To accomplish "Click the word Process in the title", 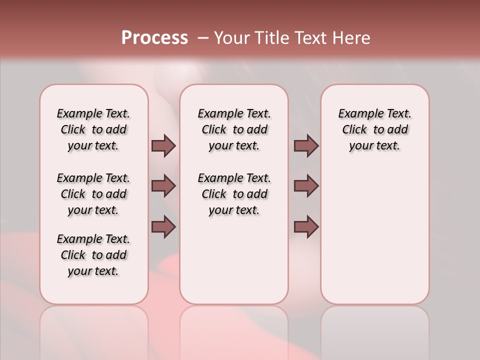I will (x=154, y=37).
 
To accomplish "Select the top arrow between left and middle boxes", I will (x=163, y=145).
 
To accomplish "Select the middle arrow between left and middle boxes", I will (x=163, y=186).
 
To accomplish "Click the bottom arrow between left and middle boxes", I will (x=163, y=227).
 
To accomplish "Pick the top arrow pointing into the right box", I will (x=306, y=145).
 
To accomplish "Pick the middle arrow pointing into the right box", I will (x=306, y=186).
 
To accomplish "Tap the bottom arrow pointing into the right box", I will (x=306, y=227).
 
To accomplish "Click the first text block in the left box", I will (x=93, y=129).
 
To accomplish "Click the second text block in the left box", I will (x=93, y=194).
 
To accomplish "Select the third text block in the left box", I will (x=93, y=255).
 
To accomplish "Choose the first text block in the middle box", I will (x=234, y=129).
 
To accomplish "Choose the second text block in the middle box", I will (x=234, y=194).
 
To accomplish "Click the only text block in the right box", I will (x=375, y=129).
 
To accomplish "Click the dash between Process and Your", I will (x=203, y=38).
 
